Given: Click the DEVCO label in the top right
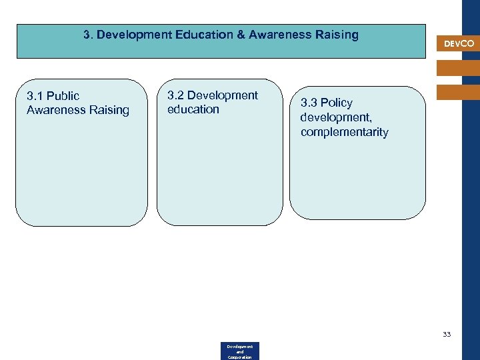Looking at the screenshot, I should click(459, 44).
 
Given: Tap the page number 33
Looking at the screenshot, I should click(447, 334).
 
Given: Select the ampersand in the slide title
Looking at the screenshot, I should click(240, 34).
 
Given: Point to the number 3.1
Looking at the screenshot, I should click(35, 96).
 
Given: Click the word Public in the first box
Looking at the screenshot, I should click(63, 96).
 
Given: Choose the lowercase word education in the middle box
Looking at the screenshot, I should click(193, 109).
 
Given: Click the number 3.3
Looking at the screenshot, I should click(309, 103).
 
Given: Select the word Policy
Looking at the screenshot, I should click(337, 103).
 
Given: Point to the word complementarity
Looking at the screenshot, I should click(344, 132).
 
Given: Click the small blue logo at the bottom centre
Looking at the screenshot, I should click(240, 351).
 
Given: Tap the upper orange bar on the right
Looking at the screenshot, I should click(457, 67).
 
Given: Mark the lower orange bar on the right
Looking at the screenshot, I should click(457, 92).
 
